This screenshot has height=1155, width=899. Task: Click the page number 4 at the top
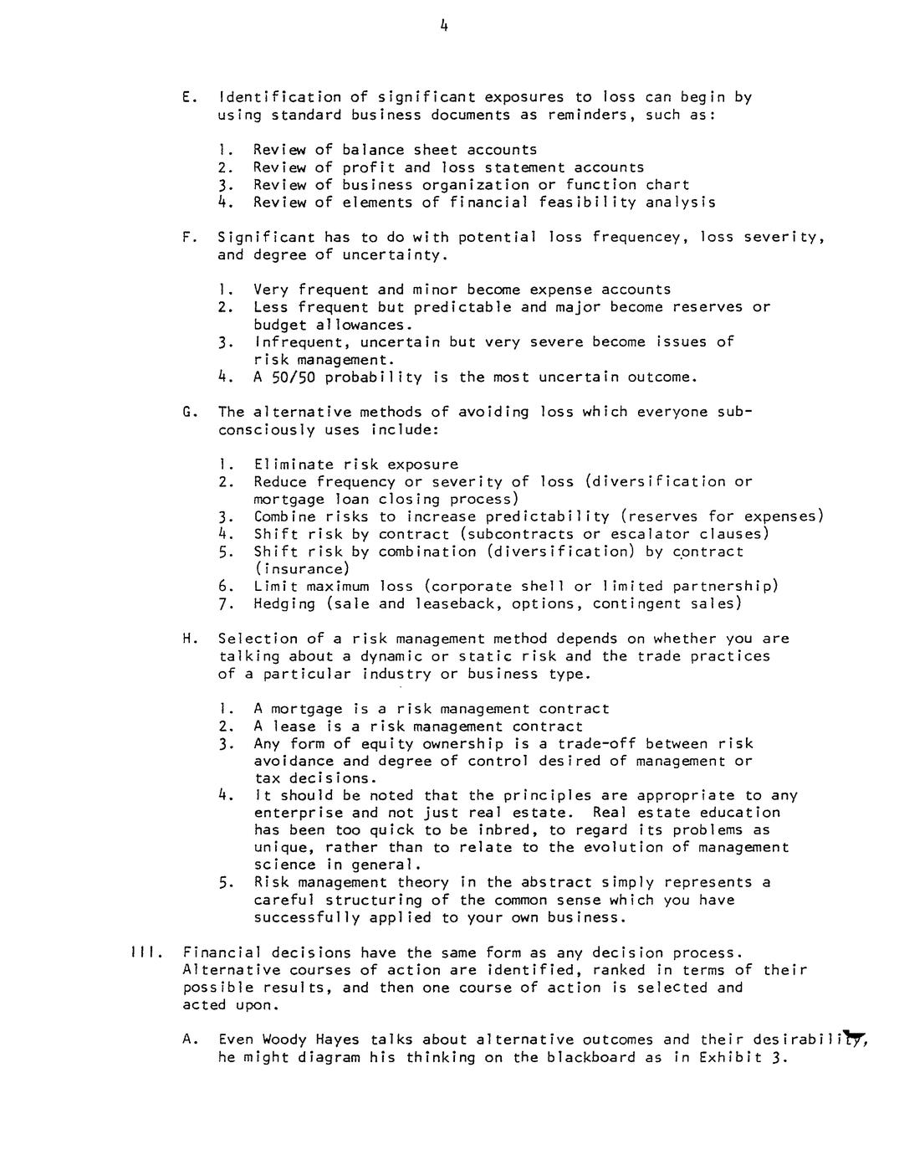point(444,26)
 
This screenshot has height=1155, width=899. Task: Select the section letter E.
point(186,97)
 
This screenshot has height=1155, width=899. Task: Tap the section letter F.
point(186,237)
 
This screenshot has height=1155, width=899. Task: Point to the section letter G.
point(186,412)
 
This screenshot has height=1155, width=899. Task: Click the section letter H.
point(186,639)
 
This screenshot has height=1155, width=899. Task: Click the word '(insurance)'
point(302,569)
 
